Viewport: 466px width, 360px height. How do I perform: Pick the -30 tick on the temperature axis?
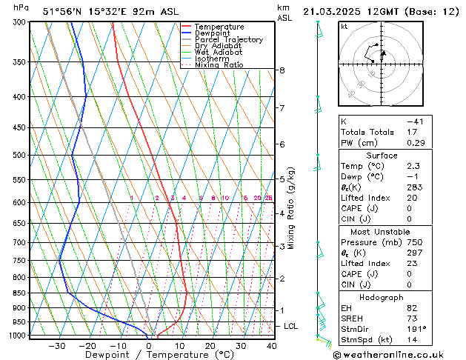(55, 345)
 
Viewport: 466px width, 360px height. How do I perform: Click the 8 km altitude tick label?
(282, 70)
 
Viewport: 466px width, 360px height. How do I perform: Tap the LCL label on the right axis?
(291, 326)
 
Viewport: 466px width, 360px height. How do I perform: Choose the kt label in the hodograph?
(344, 26)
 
